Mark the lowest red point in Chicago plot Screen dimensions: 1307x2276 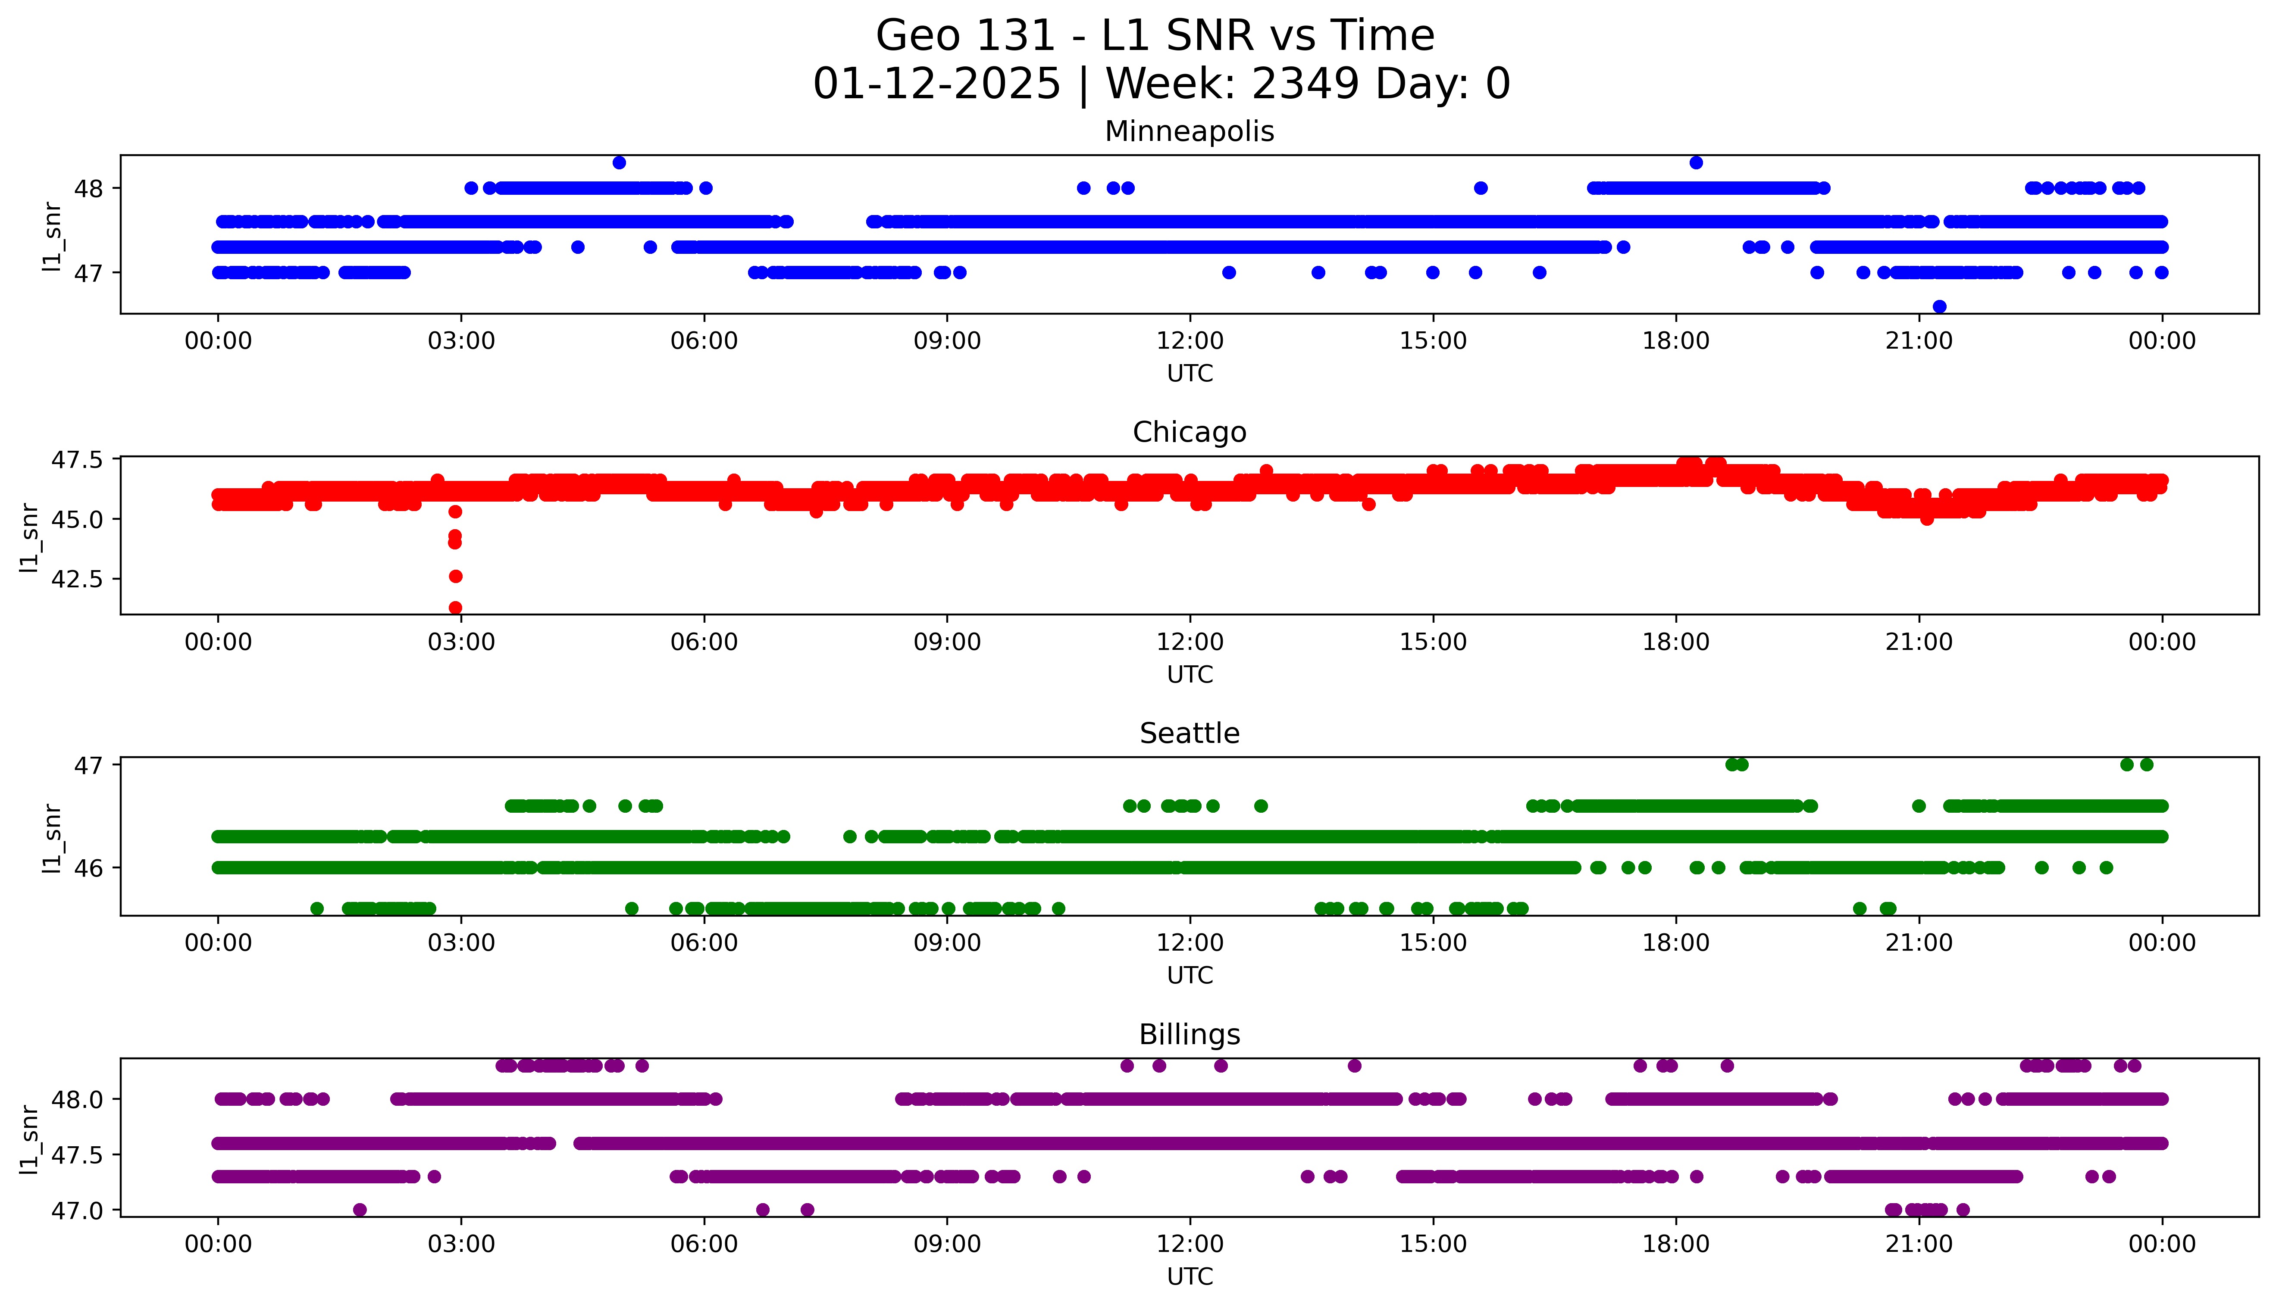455,608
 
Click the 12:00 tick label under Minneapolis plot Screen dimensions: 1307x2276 1190,341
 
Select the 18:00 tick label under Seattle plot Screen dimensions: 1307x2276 1675,942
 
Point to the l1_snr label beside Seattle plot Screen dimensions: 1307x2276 52,839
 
